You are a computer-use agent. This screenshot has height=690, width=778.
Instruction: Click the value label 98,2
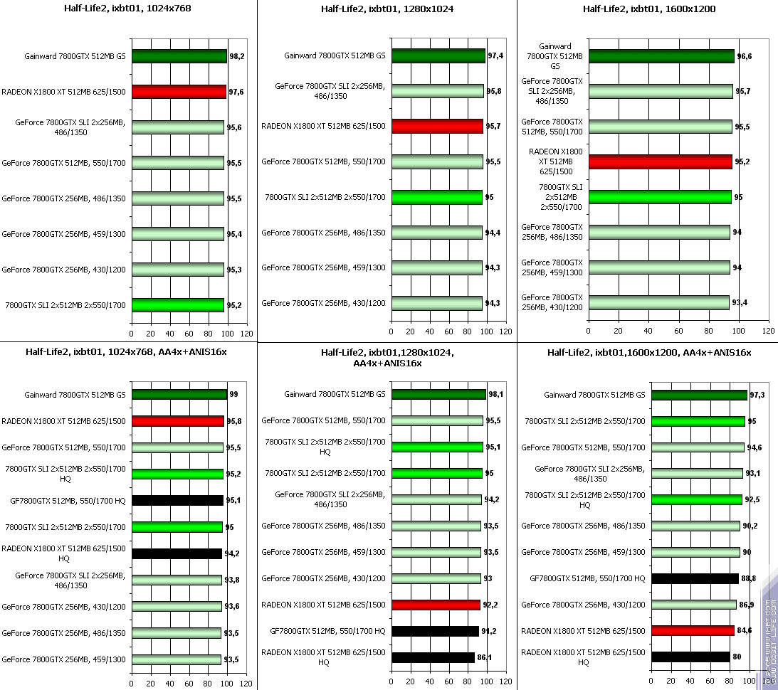click(x=237, y=55)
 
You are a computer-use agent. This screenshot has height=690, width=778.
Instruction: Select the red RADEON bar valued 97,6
click(x=179, y=91)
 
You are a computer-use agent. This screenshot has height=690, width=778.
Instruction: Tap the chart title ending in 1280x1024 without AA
click(x=387, y=9)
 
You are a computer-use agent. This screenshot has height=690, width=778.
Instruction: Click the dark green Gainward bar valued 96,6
click(x=661, y=55)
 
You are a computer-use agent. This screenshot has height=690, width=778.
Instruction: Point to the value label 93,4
click(x=741, y=302)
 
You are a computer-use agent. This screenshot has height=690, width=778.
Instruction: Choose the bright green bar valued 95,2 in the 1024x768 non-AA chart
click(x=178, y=305)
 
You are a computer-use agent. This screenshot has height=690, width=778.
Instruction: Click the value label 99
click(x=233, y=394)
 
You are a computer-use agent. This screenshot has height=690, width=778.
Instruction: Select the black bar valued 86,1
click(x=433, y=657)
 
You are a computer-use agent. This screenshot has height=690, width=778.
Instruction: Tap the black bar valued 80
click(x=690, y=657)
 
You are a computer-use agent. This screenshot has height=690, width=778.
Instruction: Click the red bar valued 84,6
click(x=693, y=630)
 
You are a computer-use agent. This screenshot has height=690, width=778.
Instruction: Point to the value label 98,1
click(x=496, y=394)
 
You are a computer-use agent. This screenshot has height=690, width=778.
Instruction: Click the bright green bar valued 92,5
click(x=696, y=499)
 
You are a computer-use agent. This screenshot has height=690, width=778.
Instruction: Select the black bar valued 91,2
click(x=435, y=631)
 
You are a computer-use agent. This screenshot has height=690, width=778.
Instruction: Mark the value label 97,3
click(x=757, y=395)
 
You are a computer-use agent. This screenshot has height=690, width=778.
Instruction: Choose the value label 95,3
click(x=233, y=270)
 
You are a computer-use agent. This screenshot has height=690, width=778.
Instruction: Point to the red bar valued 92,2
click(x=436, y=605)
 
